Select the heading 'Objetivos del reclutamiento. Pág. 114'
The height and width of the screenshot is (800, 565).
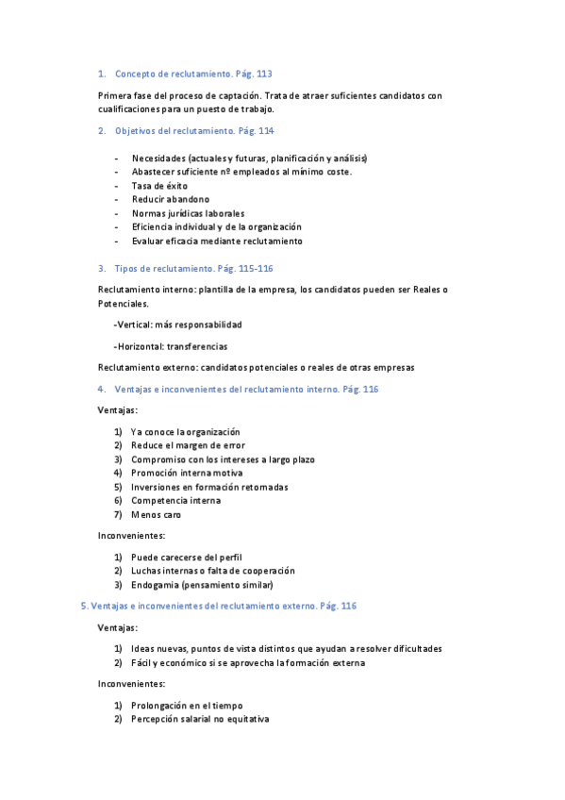pos(194,131)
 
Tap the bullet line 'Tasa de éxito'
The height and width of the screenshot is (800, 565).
pos(159,186)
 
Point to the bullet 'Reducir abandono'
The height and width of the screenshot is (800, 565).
pos(171,200)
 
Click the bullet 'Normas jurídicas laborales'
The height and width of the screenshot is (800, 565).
pos(188,213)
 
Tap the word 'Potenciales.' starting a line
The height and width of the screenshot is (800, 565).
pos(124,304)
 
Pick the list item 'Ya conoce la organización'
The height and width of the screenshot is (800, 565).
pos(186,432)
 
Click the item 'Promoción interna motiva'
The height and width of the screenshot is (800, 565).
pos(187,474)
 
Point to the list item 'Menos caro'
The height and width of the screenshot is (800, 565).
pos(157,515)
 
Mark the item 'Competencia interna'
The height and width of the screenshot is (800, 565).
pos(175,501)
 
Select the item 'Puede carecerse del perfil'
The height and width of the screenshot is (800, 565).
pos(186,557)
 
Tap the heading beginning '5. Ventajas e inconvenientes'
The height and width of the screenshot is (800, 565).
pos(219,606)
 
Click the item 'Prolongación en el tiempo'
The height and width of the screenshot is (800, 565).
pos(187,706)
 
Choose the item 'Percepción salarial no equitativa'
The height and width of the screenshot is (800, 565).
pos(200,720)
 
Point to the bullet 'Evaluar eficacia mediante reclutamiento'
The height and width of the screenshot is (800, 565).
pos(217,242)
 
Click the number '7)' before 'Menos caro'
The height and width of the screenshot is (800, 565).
pos(118,515)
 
